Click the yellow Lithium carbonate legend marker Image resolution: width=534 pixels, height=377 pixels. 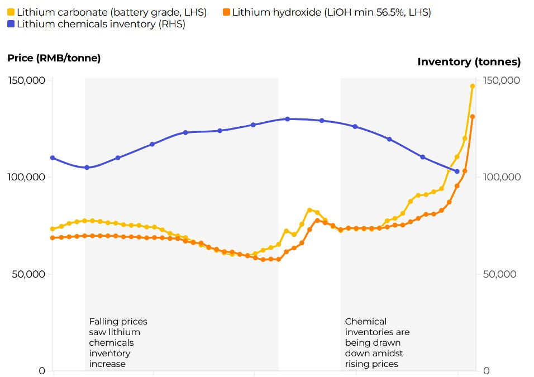(x=11, y=12)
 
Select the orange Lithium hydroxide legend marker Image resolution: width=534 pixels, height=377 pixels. (x=226, y=12)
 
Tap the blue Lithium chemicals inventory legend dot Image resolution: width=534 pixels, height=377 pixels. (x=11, y=24)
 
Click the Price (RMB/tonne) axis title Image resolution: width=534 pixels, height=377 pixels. (x=54, y=58)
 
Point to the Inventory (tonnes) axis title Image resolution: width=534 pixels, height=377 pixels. (x=469, y=61)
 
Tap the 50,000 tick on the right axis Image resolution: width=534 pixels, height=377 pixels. (x=499, y=274)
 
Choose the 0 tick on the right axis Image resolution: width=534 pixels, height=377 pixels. (x=487, y=371)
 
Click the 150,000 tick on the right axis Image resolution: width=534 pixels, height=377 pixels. (x=502, y=80)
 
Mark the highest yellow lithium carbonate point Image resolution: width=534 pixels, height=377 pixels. (x=473, y=86)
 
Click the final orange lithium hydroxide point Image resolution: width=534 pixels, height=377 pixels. (x=473, y=117)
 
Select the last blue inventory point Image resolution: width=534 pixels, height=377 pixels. (x=457, y=171)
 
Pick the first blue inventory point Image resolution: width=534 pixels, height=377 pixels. (x=53, y=158)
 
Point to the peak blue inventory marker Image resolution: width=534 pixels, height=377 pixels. (x=288, y=119)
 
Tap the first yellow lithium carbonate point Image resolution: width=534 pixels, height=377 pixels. (x=53, y=229)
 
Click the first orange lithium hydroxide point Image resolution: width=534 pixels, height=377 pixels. (x=53, y=238)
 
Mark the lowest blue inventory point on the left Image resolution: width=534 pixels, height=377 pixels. (x=87, y=168)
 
